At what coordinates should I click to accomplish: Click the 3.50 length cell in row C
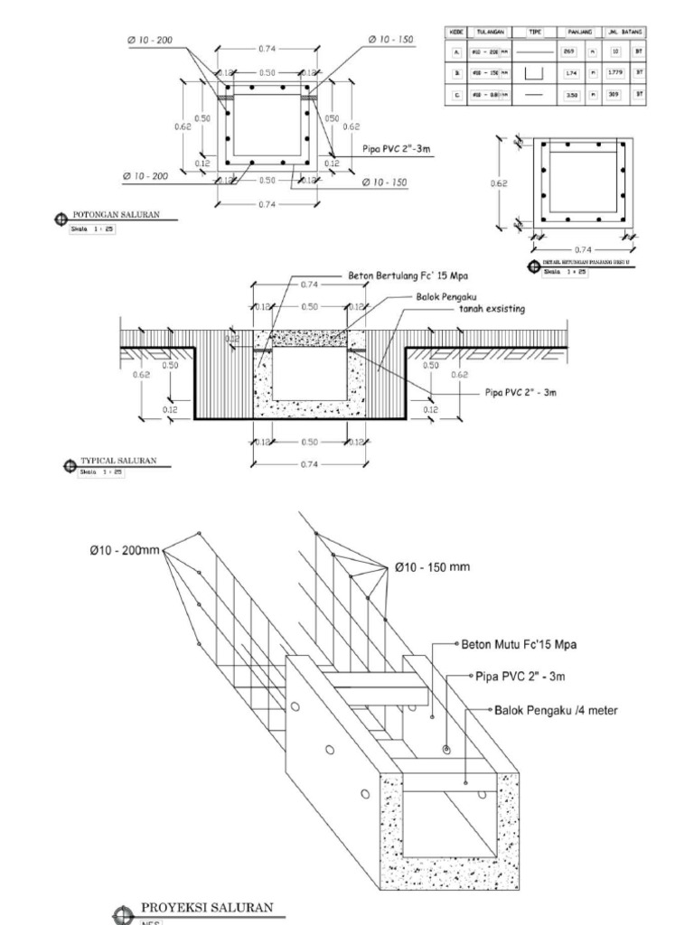[570, 95]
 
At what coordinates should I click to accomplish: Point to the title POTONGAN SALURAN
[116, 215]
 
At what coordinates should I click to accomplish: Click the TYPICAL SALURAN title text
[118, 461]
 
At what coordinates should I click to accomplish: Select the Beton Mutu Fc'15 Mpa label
[519, 645]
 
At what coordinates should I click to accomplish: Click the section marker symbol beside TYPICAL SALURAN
[70, 466]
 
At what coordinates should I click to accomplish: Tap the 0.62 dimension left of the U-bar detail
[501, 182]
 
